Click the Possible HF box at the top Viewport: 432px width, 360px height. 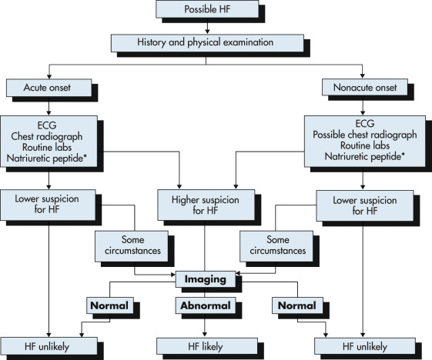click(207, 9)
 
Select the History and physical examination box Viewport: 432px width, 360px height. click(207, 43)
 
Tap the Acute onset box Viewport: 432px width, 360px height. click(49, 88)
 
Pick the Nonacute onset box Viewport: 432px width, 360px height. click(365, 88)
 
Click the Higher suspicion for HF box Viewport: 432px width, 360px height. click(206, 205)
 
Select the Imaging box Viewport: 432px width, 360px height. click(206, 279)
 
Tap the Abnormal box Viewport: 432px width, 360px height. click(206, 305)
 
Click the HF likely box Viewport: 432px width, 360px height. click(207, 346)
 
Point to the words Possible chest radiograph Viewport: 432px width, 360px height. click(364, 135)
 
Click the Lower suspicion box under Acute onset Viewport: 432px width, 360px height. click(48, 205)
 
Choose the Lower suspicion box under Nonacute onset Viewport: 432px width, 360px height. click(365, 205)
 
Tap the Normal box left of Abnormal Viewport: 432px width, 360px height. click(110, 305)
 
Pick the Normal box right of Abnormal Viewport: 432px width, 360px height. click(297, 305)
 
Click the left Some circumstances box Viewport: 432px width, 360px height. click(132, 246)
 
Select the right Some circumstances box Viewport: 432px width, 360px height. click(276, 246)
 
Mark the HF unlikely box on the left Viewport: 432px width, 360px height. click(49, 346)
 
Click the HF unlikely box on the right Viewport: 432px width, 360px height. click(365, 346)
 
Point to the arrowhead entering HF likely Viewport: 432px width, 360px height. click(204, 334)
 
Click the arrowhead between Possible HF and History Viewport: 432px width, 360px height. click(207, 32)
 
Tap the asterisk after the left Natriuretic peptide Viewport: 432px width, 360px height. click(85, 157)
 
